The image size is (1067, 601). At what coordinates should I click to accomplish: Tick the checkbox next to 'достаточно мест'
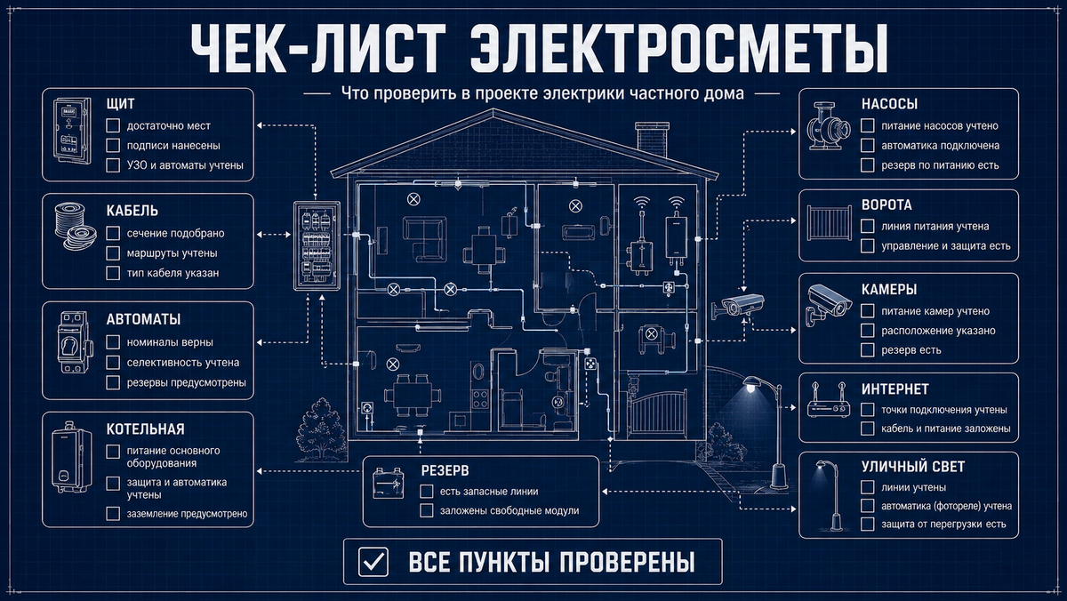113,125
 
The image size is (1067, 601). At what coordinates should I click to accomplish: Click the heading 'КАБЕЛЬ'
132,211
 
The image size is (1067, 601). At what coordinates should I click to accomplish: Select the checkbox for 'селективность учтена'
113,363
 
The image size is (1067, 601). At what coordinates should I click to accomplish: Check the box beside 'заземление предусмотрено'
113,514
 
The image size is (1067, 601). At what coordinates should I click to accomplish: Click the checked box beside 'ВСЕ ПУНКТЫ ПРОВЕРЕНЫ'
373,562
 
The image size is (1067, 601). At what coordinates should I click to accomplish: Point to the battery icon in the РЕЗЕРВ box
389,483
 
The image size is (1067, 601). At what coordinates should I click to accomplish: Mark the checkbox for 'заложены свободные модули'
426,510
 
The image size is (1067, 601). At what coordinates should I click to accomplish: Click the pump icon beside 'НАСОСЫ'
829,126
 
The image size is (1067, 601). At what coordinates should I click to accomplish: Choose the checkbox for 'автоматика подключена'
868,145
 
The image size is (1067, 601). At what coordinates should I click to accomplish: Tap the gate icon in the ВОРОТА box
830,223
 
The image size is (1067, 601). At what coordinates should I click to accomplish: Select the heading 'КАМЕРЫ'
889,289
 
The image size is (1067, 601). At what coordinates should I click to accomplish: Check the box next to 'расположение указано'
868,331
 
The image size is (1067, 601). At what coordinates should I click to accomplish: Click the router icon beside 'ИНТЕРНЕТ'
829,400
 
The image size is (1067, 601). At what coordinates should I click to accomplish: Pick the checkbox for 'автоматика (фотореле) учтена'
868,506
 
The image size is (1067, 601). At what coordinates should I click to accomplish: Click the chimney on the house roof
652,139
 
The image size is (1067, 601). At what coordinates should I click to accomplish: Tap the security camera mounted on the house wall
737,305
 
